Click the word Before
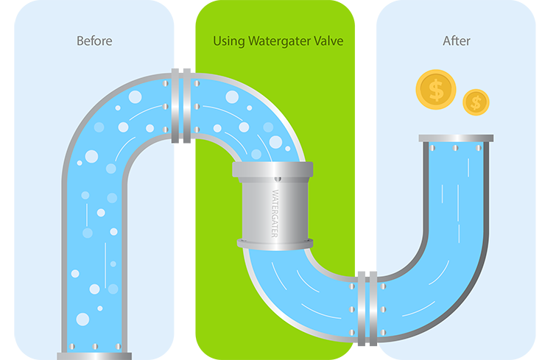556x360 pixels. [94, 40]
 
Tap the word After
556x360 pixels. [455, 40]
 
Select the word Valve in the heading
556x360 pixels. [328, 40]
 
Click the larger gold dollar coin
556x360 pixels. [435, 90]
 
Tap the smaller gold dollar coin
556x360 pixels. [476, 102]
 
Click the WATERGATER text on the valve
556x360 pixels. [275, 213]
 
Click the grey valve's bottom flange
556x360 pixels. [275, 243]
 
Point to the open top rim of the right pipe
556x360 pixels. [456, 138]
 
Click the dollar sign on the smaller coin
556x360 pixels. [476, 102]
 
